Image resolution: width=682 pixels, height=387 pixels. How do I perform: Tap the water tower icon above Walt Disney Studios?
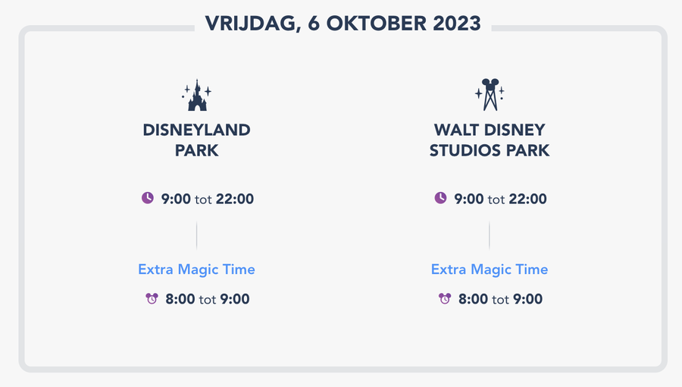[x=490, y=95]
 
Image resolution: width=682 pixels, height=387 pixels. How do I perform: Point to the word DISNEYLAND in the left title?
[x=197, y=130]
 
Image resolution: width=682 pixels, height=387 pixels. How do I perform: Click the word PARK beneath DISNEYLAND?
[x=197, y=150]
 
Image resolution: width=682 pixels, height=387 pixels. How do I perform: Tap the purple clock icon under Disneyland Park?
[x=148, y=198]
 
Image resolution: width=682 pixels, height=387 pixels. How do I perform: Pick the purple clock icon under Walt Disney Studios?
[x=440, y=198]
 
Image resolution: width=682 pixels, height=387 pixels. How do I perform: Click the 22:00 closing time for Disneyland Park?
[x=235, y=199]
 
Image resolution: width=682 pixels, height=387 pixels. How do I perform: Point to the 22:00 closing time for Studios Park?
[x=527, y=199]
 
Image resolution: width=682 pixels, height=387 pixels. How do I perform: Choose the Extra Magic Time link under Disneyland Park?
[x=196, y=269]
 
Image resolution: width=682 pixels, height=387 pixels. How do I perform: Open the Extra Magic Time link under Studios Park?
[x=490, y=269]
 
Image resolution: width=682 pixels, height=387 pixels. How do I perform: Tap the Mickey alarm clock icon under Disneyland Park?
[x=152, y=298]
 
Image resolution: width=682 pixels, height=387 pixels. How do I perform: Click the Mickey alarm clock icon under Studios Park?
[x=444, y=298]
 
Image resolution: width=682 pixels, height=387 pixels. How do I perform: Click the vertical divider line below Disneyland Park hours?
[x=197, y=235]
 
